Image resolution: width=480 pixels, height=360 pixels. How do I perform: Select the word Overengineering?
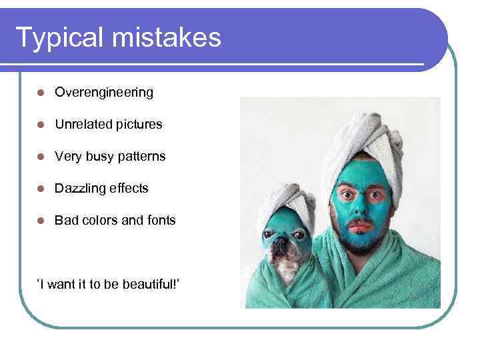(x=104, y=93)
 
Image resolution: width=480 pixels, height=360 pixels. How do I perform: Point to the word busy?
(x=98, y=157)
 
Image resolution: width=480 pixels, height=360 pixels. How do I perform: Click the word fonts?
(x=160, y=220)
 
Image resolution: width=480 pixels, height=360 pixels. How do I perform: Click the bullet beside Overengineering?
(x=41, y=93)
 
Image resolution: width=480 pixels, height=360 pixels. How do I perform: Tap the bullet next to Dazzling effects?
(x=41, y=189)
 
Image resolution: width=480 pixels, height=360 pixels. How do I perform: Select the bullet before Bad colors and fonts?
(x=41, y=221)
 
